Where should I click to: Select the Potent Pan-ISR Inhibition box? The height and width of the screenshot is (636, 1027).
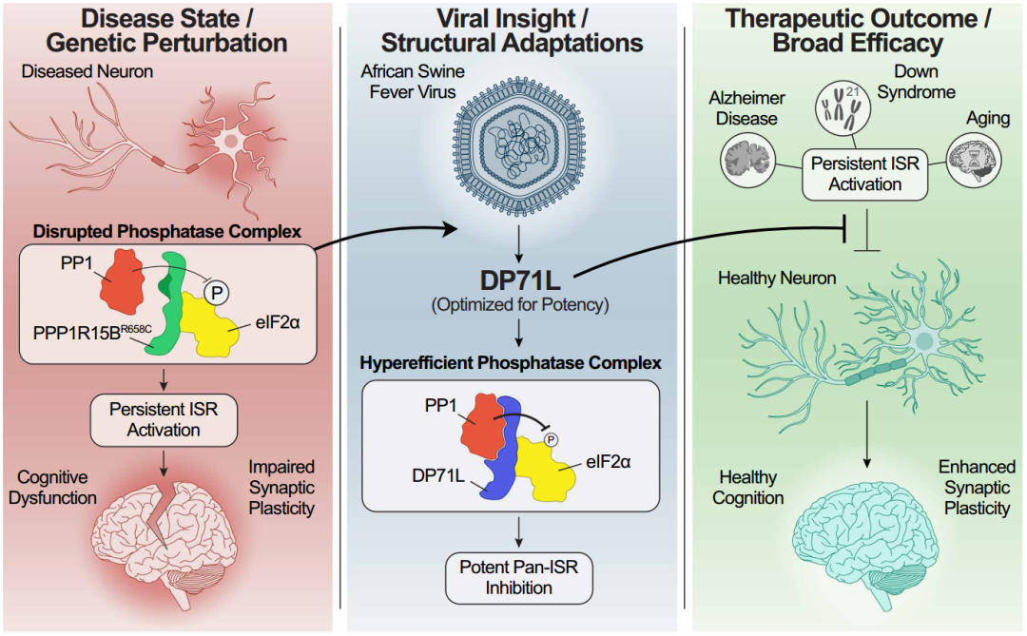pos(513,576)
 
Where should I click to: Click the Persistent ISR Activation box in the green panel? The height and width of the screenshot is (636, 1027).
pos(864,173)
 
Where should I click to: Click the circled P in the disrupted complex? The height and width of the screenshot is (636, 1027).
pos(216,293)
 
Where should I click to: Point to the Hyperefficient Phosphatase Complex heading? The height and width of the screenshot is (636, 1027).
pos(513,363)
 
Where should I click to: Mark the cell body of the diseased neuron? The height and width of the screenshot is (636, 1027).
pos(230,144)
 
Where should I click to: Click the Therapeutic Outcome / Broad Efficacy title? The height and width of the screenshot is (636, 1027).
pos(859,30)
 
